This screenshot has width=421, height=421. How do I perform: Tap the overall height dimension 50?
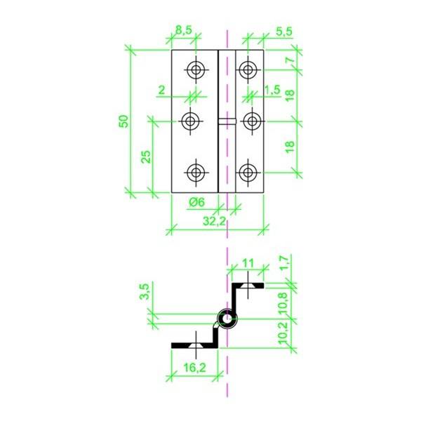click(123, 120)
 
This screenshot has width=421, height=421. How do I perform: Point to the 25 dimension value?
click(146, 155)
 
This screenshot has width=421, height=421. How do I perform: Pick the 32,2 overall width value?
click(213, 221)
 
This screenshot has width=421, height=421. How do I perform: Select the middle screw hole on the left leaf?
click(190, 121)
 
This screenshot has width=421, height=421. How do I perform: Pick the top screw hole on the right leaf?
click(246, 69)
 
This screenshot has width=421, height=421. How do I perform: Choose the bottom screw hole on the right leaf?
click(246, 173)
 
